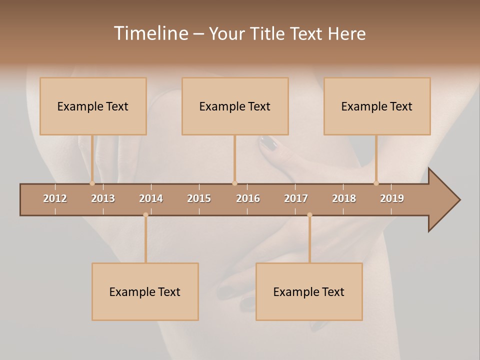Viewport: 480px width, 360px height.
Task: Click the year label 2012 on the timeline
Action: (55, 198)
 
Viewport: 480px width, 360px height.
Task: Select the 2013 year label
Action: (103, 198)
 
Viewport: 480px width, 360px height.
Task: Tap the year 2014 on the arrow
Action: (151, 198)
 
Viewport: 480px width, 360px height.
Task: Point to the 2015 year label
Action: (199, 198)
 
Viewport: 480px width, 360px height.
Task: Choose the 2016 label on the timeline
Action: (248, 198)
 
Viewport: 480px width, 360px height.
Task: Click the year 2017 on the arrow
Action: (296, 198)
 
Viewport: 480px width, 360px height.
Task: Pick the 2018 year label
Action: (344, 198)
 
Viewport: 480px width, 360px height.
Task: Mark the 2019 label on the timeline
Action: (392, 198)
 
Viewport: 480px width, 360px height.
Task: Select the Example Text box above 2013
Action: (93, 106)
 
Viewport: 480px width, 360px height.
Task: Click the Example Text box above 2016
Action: (235, 106)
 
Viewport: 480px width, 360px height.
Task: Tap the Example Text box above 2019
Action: (377, 106)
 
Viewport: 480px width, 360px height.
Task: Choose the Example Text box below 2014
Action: (145, 291)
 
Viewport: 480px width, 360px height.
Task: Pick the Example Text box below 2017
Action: (309, 291)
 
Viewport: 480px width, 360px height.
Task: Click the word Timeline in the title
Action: (150, 33)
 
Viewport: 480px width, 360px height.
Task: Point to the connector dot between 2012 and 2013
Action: (92, 183)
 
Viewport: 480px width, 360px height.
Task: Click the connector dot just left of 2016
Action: (234, 183)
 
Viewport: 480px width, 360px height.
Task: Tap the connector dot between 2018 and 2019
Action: (376, 183)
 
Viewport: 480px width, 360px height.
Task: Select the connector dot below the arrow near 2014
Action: (145, 215)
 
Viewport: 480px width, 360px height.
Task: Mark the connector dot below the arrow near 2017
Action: (309, 215)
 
